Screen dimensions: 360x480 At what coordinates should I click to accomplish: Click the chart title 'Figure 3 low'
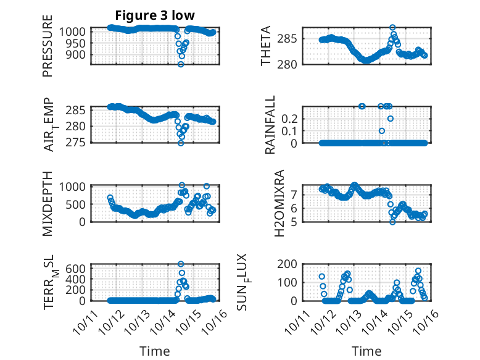tap(155, 15)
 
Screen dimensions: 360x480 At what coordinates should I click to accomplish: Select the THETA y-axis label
tap(266, 46)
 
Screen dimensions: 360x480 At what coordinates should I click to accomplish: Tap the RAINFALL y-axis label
tap(270, 126)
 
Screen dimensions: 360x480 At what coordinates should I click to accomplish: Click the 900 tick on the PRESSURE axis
tap(80, 54)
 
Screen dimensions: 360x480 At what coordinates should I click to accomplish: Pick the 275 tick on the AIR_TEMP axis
tap(80, 143)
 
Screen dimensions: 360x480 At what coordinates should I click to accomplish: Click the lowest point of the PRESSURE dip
tap(181, 64)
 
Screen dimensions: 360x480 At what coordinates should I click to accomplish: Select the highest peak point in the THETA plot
tap(392, 28)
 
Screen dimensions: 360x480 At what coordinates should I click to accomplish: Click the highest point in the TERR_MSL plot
tap(181, 264)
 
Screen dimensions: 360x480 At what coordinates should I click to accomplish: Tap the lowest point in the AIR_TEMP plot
tap(181, 143)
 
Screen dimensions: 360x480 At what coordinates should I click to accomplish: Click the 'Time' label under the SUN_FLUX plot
tap(366, 351)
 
